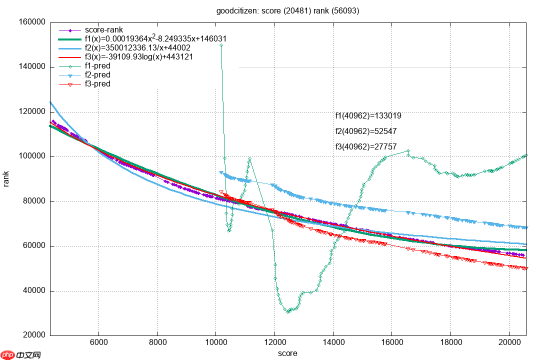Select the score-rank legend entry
[104, 30]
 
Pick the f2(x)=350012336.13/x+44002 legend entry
[137, 48]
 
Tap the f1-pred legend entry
[97, 66]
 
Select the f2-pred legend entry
[97, 75]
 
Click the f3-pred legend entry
[97, 84]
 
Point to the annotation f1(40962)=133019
[368, 116]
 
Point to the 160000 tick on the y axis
[32, 22]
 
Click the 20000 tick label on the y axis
[34, 335]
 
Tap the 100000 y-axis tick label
[32, 156]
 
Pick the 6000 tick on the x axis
[98, 343]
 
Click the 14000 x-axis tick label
[333, 343]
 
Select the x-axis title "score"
[287, 353]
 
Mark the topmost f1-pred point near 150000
[221, 45]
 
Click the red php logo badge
[8, 355]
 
